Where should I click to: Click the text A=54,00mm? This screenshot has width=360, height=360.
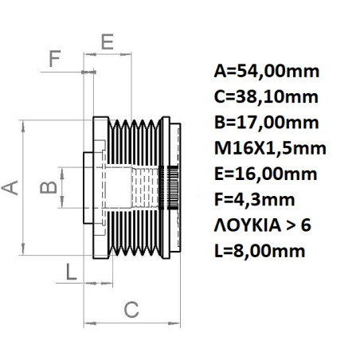[x=267, y=72]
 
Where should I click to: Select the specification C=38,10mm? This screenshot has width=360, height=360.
[x=266, y=97]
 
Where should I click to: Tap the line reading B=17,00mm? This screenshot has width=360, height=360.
[x=266, y=123]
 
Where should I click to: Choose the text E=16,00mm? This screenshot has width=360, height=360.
[x=266, y=174]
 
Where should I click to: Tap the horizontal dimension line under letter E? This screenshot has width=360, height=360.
[x=119, y=56]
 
